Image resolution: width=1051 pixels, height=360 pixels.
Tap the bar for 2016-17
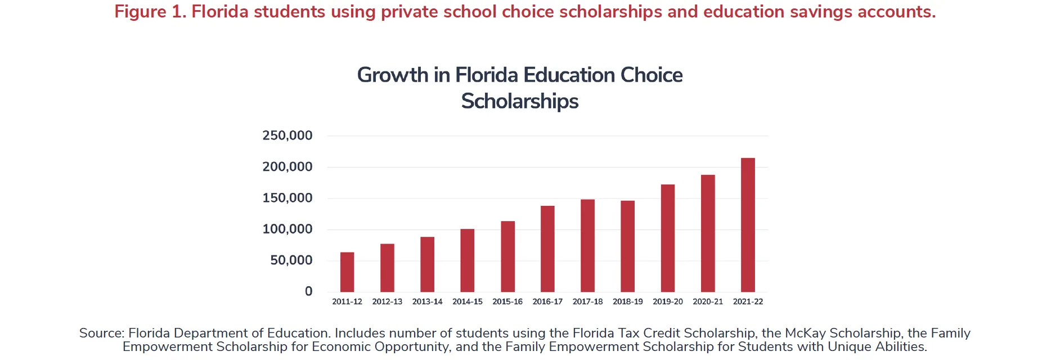[547, 249]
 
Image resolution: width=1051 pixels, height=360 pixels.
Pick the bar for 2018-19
[627, 246]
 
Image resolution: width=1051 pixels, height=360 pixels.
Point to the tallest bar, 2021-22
[748, 224]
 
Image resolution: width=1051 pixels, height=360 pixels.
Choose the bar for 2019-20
[668, 238]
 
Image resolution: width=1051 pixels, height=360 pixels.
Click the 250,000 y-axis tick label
[287, 136]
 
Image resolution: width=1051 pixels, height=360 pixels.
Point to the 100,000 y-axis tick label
[287, 229]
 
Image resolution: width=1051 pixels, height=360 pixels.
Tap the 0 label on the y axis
[308, 291]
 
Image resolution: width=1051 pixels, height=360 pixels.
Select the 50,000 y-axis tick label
[291, 260]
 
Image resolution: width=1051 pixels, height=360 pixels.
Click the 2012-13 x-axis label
[387, 301]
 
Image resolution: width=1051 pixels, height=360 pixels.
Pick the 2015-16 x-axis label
[507, 301]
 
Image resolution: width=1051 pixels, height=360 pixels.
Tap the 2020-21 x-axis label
[708, 301]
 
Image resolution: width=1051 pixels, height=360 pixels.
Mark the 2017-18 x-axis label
[587, 301]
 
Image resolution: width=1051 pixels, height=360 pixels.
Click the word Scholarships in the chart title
[520, 101]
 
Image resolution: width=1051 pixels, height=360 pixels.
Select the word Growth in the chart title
[393, 75]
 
